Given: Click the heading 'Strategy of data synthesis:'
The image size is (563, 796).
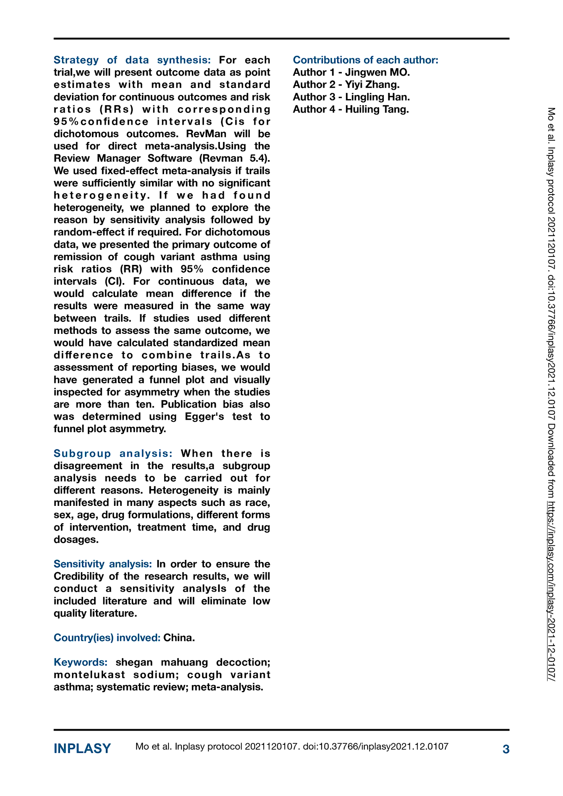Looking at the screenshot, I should [x=132, y=60].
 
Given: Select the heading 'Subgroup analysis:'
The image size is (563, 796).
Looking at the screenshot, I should [x=113, y=454].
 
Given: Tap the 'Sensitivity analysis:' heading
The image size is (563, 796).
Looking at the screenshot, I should [x=103, y=564].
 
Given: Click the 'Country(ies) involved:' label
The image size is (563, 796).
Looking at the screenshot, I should [x=107, y=638].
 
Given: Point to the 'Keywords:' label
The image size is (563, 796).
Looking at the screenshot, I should [x=80, y=662].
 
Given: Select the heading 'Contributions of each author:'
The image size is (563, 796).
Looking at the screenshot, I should [x=365, y=60].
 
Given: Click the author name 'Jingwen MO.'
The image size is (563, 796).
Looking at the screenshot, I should [x=377, y=73].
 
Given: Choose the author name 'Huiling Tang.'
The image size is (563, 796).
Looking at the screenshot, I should [x=377, y=110].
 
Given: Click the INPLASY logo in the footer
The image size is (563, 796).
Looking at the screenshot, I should [x=82, y=749].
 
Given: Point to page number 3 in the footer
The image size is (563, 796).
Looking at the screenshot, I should [x=506, y=749].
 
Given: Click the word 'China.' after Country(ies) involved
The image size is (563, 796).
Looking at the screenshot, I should [x=179, y=638].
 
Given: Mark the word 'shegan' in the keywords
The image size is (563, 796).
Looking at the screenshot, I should [x=134, y=662].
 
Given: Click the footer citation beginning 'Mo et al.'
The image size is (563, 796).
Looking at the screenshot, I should [x=292, y=747].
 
